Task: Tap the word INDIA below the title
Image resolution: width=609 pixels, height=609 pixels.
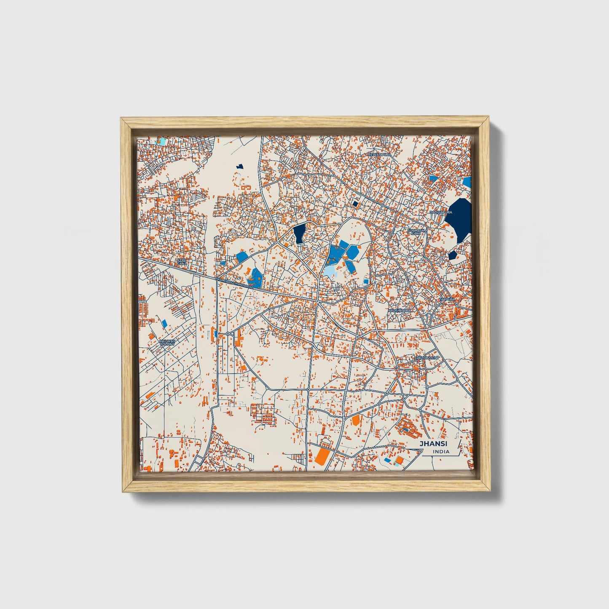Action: click(440, 452)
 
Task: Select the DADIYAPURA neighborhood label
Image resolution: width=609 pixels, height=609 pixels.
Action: click(441, 212)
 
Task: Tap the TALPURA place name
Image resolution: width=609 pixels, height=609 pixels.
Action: click(447, 299)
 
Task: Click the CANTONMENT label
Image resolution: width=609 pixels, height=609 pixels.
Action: click(427, 358)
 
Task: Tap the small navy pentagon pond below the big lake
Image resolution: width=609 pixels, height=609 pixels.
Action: click(453, 255)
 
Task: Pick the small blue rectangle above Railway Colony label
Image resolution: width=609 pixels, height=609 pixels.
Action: click(164, 323)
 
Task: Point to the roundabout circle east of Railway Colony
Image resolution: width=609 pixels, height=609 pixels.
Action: click(228, 334)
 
